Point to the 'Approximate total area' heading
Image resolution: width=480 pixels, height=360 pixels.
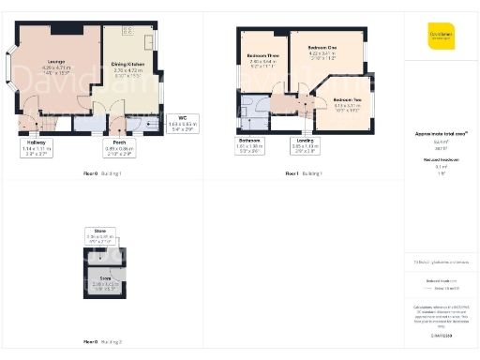(x=441, y=134)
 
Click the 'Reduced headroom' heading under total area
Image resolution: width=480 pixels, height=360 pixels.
(x=441, y=161)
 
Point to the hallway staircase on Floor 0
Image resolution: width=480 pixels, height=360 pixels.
(x=32, y=121)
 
